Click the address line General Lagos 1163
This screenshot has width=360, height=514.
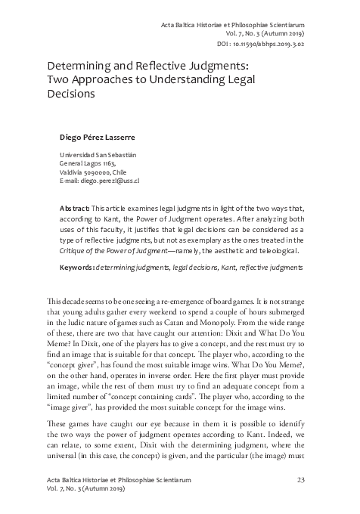pyautogui.click(x=88, y=163)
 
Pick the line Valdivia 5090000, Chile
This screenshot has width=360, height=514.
pyautogui.click(x=94, y=172)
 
